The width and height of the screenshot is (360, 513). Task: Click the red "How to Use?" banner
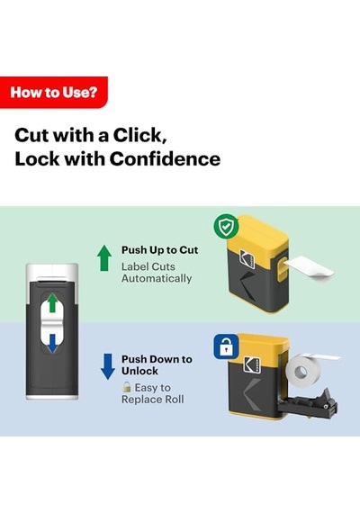coord(54,93)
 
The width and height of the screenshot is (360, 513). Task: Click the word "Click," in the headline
coord(140,135)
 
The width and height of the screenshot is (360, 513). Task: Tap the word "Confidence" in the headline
coord(165,159)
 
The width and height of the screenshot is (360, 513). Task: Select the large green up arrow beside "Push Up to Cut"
coord(104,257)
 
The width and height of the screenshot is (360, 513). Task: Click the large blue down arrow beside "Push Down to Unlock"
coord(108,366)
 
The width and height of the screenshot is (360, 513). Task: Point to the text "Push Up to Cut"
coord(159,250)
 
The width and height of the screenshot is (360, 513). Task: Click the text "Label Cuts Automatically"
coord(157,273)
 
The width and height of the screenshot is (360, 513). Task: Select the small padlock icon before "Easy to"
coord(126,387)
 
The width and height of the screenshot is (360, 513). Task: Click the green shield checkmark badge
coord(226,226)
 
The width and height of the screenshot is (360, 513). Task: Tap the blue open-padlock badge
coord(226,346)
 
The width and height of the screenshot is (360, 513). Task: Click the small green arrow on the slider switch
coord(52,303)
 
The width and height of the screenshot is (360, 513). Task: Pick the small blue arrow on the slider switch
coord(52,344)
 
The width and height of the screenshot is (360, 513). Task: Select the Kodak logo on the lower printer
coord(252,364)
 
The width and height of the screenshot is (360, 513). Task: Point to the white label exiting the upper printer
coord(309,268)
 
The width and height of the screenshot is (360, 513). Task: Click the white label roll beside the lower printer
coord(301,371)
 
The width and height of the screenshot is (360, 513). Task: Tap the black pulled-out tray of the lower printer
coord(308,403)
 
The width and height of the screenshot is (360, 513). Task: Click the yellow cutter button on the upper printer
coord(282,267)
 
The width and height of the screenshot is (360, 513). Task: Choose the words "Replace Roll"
coord(152,400)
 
